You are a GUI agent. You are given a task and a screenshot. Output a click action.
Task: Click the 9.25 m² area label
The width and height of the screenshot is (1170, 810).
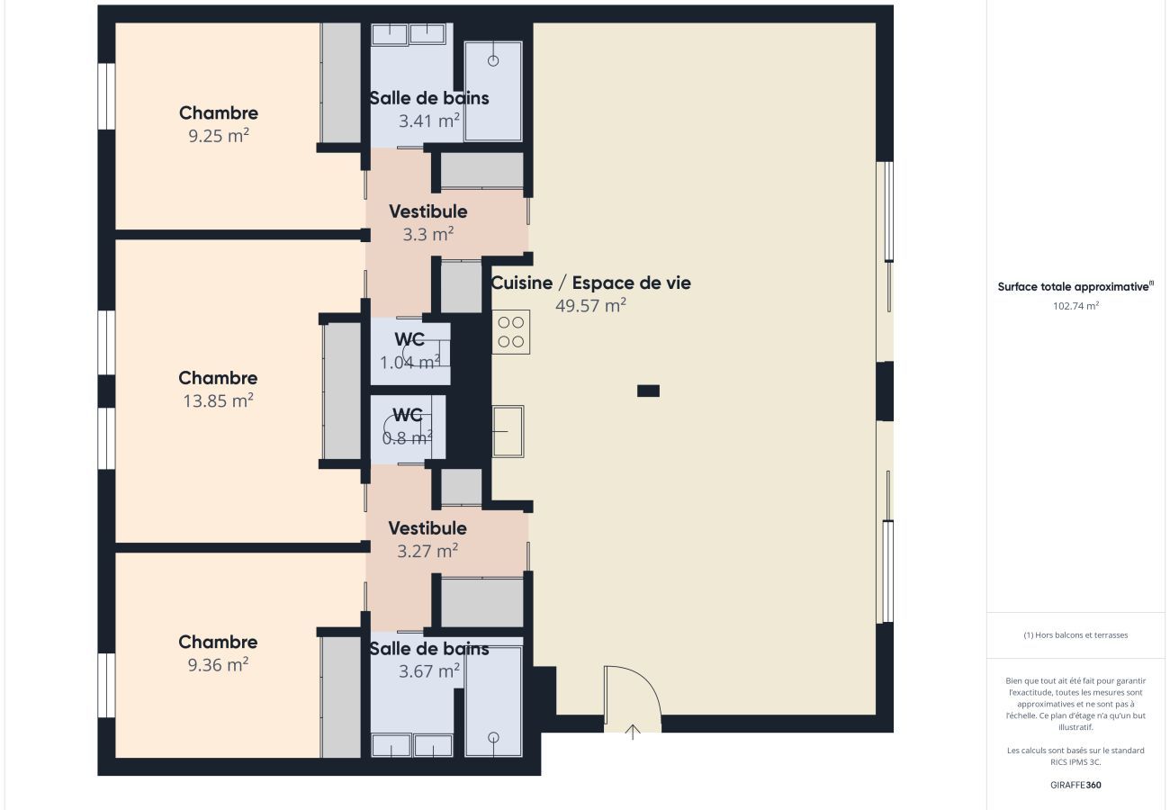click(219, 136)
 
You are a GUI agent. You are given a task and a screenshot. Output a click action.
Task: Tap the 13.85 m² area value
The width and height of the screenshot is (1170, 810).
click(219, 401)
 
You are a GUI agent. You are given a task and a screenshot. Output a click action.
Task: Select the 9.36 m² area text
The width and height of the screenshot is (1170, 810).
click(218, 665)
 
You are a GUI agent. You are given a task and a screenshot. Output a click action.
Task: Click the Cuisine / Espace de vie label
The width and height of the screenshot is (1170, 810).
click(590, 283)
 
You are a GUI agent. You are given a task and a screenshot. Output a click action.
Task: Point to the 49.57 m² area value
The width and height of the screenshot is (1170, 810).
click(590, 305)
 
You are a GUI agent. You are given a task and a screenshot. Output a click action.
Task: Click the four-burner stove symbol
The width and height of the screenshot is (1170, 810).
click(511, 332)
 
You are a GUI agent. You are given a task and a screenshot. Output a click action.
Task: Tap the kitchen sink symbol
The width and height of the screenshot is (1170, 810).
click(508, 431)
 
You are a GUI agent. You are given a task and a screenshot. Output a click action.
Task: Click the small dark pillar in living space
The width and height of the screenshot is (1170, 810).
click(648, 391)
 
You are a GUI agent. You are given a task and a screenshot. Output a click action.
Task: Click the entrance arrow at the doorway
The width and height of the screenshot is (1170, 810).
click(633, 732)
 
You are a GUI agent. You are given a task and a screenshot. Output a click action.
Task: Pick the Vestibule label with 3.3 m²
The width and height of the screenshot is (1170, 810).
click(428, 212)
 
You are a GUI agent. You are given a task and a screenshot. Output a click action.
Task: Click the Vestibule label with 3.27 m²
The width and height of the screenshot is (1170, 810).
click(427, 528)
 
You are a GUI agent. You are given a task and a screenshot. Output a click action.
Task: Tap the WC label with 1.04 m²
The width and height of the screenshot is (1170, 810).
click(409, 339)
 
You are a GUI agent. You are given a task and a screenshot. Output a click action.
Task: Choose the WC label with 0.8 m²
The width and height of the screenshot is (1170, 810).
click(408, 415)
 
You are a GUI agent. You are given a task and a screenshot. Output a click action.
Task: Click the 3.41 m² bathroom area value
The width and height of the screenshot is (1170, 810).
click(429, 121)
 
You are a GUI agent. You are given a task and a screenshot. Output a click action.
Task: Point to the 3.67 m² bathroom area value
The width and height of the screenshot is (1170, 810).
click(429, 671)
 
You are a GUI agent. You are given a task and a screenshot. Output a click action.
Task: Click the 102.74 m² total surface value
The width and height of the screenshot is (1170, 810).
click(1075, 306)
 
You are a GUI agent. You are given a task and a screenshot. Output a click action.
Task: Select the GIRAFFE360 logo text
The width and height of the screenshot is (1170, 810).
click(1075, 785)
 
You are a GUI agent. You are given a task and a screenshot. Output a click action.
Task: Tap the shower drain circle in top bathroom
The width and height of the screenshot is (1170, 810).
click(493, 61)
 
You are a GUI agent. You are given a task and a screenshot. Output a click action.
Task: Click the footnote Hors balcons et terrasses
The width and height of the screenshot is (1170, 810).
click(1075, 635)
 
